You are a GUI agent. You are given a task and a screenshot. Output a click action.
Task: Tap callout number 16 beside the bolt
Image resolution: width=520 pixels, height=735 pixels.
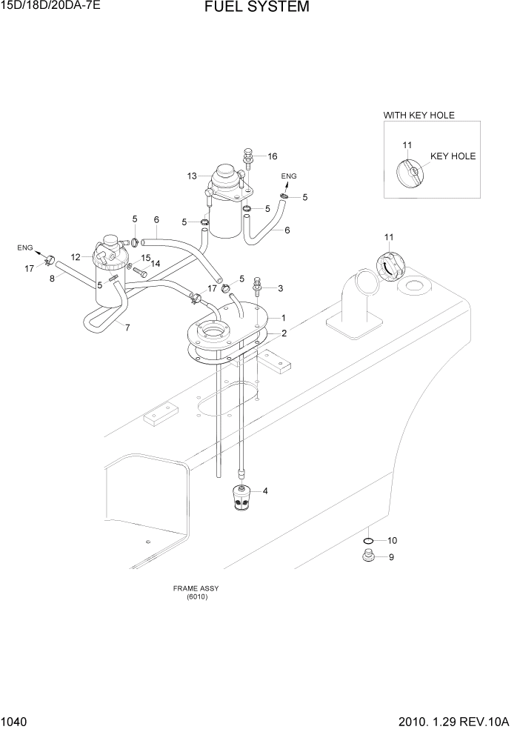click(x=272, y=156)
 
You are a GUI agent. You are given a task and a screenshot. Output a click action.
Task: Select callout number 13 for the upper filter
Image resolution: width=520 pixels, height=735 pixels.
click(x=192, y=176)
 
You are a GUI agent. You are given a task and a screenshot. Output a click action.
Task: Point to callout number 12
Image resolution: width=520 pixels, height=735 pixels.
click(x=76, y=256)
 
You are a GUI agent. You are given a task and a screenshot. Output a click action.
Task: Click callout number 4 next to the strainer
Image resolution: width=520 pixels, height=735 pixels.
click(x=265, y=490)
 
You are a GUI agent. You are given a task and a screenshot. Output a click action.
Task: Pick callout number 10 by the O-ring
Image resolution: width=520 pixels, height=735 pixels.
click(x=392, y=540)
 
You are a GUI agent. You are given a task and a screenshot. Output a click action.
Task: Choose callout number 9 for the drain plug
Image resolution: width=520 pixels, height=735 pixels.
click(x=392, y=558)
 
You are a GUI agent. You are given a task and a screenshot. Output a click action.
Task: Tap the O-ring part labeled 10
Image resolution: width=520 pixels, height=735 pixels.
click(x=368, y=540)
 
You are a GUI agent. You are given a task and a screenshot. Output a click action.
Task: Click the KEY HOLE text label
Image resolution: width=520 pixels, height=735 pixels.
click(x=453, y=156)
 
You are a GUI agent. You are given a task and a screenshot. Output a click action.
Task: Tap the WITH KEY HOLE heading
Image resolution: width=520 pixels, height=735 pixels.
click(x=419, y=115)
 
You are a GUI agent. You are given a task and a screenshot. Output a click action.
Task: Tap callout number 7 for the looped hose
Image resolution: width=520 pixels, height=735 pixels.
click(x=127, y=327)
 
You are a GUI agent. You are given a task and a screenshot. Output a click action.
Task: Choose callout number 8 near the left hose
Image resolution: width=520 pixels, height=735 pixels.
click(x=52, y=279)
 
